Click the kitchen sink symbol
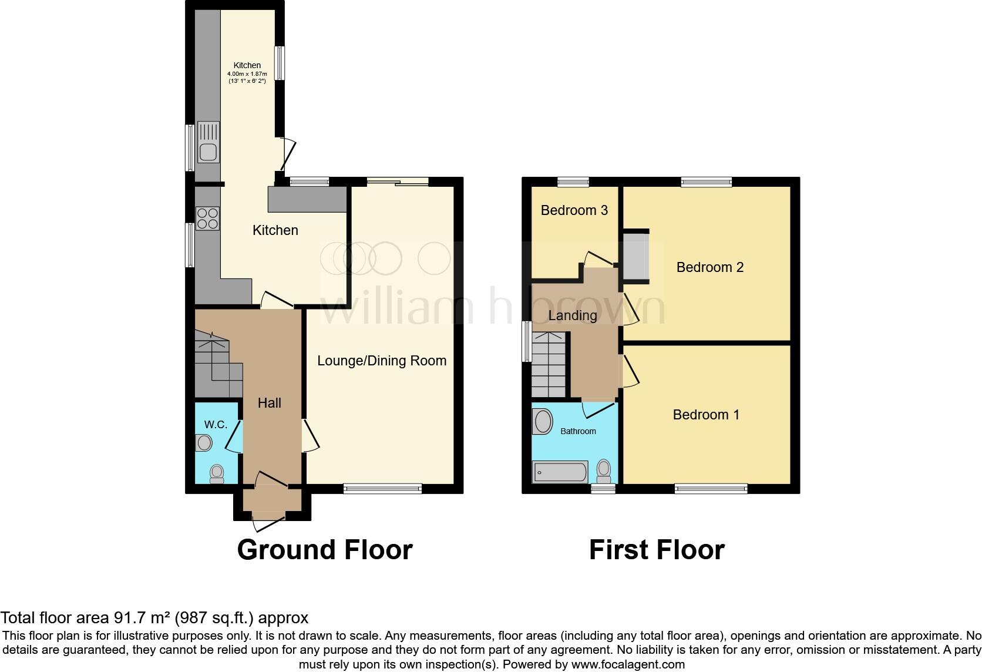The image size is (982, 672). tap(208, 142)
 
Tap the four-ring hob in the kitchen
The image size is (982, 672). tap(207, 219)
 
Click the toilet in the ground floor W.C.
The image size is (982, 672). tap(217, 473)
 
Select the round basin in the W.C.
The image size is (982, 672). tap(204, 442)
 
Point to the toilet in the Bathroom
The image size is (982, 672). tap(603, 471)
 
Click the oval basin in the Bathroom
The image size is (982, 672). tap(543, 422)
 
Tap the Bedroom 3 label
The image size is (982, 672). tap(574, 210)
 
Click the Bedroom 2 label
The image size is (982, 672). tap(709, 267)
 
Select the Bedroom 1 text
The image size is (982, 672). tap(705, 415)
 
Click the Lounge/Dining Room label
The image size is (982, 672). tap(382, 361)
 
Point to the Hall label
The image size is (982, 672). tap(270, 403)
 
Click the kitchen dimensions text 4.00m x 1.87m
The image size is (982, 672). tap(247, 74)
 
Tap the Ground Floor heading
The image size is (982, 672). tap(325, 550)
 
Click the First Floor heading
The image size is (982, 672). tap(656, 550)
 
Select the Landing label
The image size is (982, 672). tap(572, 315)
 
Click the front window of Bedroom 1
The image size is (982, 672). tap(711, 488)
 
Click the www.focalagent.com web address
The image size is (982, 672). tap(628, 665)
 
